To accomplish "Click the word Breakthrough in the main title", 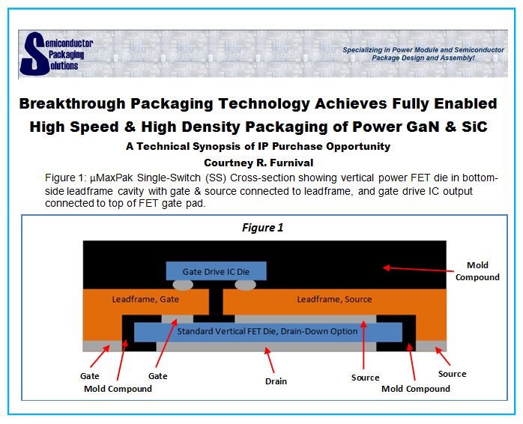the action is click(x=71, y=103).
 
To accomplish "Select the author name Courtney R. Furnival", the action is click(x=259, y=163).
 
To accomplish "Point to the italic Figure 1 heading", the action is click(x=262, y=228).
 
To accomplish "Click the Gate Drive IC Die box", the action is click(x=216, y=271).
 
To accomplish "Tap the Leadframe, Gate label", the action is click(x=145, y=299).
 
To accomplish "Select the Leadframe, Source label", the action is click(x=334, y=299).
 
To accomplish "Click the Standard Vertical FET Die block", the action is click(x=267, y=332).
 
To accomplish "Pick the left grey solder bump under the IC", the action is click(x=183, y=285).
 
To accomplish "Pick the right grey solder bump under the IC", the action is click(x=246, y=285).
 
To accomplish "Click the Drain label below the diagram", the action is click(x=276, y=381).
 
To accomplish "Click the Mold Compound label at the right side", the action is click(x=477, y=271).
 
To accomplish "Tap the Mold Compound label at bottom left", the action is click(x=118, y=389).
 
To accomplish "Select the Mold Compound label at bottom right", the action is click(x=416, y=389).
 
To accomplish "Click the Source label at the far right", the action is click(x=452, y=374).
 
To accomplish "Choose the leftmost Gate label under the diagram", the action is click(x=90, y=376).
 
